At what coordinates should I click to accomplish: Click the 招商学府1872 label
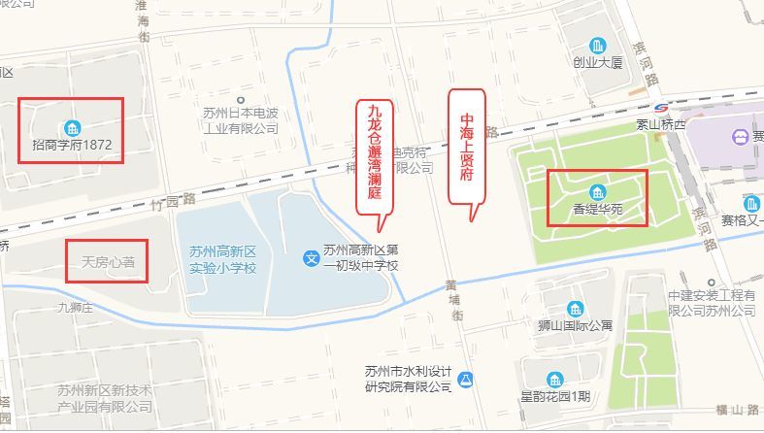(73, 147)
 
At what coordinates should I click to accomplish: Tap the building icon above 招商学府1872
(72, 128)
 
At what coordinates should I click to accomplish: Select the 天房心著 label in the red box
(107, 262)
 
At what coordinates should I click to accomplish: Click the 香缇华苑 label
(598, 208)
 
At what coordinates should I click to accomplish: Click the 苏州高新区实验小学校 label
(222, 258)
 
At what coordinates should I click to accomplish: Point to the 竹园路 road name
(175, 200)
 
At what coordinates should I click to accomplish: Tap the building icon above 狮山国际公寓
(576, 307)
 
